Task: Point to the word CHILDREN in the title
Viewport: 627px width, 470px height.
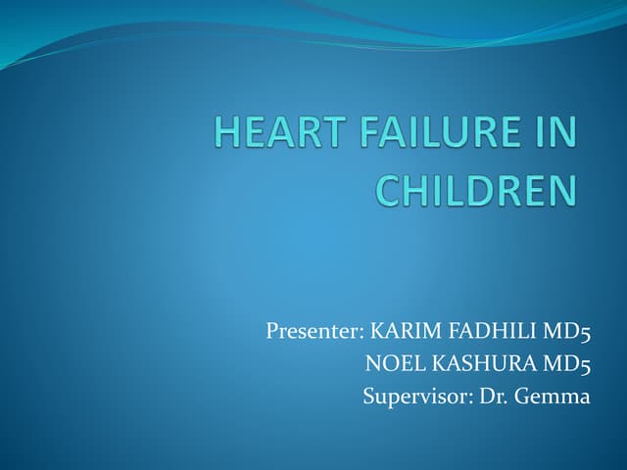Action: (476, 189)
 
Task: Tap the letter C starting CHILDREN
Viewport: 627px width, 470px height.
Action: (389, 189)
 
